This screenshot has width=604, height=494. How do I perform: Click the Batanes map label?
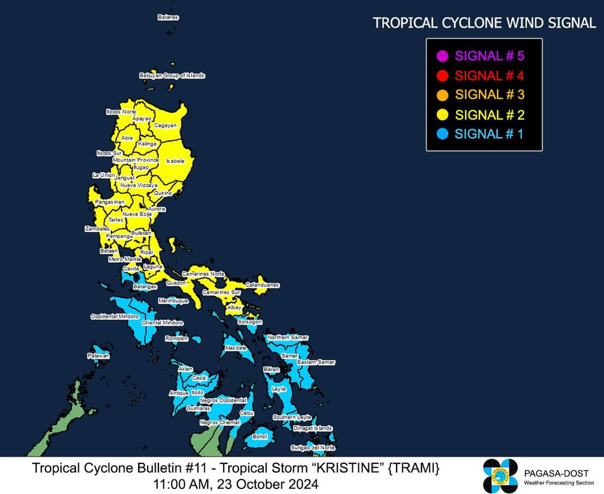(168, 17)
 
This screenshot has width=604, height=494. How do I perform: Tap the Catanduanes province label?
(262, 285)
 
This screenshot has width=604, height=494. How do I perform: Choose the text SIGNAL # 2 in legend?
(489, 115)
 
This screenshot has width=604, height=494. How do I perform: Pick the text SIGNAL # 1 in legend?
(489, 134)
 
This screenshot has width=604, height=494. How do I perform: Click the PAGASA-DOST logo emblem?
(501, 476)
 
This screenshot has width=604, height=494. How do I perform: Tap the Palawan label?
(98, 355)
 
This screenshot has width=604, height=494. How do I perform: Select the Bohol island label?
(260, 436)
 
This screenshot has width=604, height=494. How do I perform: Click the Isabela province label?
(175, 161)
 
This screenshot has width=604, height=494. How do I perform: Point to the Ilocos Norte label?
(121, 112)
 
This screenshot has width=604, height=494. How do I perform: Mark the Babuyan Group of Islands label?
(172, 75)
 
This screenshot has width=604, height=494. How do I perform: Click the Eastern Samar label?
(316, 362)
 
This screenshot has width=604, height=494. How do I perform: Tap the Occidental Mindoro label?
(115, 316)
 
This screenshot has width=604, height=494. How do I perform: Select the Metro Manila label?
(125, 259)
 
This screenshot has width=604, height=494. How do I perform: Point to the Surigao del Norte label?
(313, 448)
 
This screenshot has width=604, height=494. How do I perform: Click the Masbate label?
(236, 348)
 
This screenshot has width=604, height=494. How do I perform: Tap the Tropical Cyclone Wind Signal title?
(484, 23)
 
